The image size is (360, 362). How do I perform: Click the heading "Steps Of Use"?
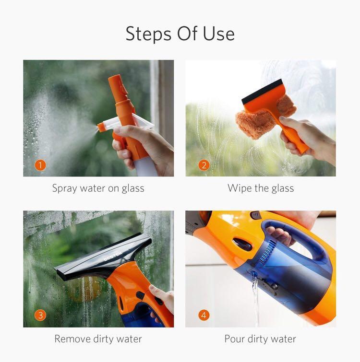180,34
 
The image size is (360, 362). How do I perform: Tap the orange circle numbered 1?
41,165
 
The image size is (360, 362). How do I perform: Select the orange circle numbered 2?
204,165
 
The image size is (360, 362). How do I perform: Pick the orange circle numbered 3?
41,315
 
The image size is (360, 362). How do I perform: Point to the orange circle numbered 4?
204,315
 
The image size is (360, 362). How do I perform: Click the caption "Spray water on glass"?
98,188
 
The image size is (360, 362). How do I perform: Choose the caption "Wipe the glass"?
261,188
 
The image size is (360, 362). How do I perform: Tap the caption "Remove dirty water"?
98,339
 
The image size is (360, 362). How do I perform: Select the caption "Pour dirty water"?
260,339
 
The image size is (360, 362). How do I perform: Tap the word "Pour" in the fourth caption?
236,339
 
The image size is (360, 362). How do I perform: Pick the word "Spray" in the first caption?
65,188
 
